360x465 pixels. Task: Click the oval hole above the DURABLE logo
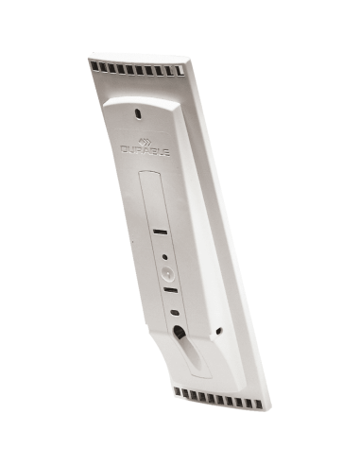(x=138, y=113)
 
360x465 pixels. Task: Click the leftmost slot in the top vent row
(x=94, y=66)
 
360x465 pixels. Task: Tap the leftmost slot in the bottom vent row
(x=180, y=391)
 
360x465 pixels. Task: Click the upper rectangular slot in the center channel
(x=162, y=230)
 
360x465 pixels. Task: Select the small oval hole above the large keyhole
(x=174, y=313)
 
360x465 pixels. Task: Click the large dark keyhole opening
(x=180, y=333)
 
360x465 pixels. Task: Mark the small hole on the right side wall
(x=220, y=331)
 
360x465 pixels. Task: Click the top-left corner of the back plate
(x=90, y=60)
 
